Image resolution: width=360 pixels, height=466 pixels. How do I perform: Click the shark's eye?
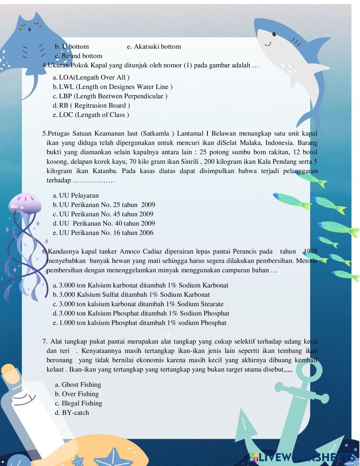[x=274, y=35]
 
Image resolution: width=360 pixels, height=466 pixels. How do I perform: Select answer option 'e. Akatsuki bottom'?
[x=154, y=46]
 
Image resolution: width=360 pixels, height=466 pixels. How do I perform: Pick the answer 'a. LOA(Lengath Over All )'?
[x=91, y=77]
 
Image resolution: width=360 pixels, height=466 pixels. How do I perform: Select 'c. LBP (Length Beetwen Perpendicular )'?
[x=110, y=96]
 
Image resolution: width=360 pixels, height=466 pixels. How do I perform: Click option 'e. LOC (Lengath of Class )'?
[x=91, y=115]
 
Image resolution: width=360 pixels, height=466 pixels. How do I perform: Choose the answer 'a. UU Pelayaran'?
[x=76, y=196]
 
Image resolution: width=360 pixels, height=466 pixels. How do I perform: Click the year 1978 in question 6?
[x=310, y=251]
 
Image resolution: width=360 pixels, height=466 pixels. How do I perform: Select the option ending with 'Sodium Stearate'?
[x=138, y=304]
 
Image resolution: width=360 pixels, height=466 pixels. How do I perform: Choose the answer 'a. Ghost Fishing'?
[x=78, y=385]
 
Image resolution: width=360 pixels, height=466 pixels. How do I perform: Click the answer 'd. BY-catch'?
[x=72, y=413]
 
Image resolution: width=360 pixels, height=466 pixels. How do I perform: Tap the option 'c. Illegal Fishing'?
[x=78, y=403]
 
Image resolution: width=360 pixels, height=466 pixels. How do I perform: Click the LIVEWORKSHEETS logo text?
[x=306, y=457]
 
